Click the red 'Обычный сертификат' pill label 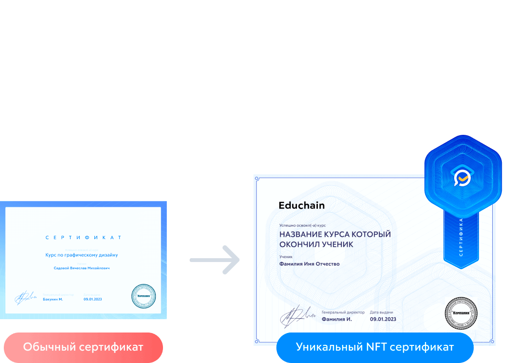point(83,347)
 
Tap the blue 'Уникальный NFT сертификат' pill point(375,347)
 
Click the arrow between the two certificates point(215,260)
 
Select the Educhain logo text point(302,206)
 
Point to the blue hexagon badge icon point(462,178)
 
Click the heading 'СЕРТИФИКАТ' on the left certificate point(83,237)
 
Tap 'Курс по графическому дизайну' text point(81,255)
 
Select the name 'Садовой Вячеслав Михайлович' point(82,268)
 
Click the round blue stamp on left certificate point(143,296)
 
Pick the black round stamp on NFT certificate point(460,313)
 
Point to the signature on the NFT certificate point(295,315)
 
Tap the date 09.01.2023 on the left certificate point(93,299)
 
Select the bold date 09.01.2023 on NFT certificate point(383,319)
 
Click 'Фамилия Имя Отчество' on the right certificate point(309,264)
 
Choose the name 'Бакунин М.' point(52,299)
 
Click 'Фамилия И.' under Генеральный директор point(337,319)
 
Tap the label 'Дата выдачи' point(381,313)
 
